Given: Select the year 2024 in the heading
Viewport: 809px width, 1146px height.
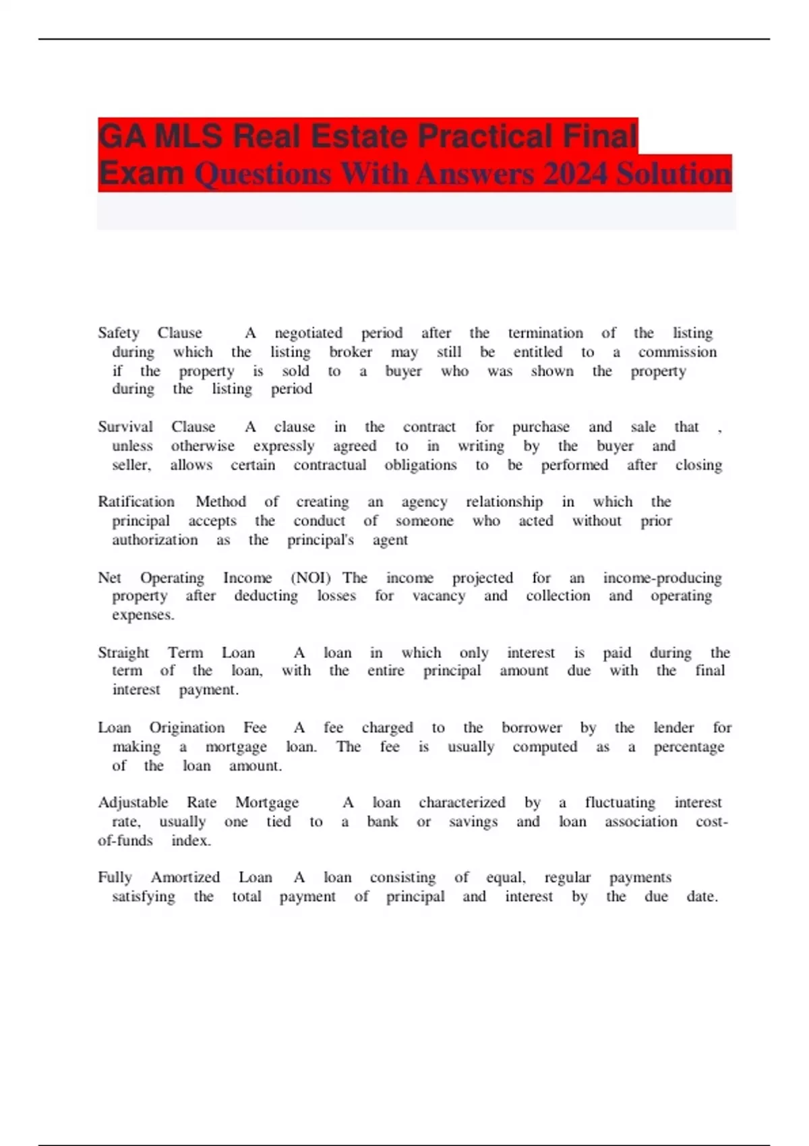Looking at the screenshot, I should pos(575,174).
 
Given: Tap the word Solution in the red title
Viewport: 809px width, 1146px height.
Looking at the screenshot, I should pos(673,174).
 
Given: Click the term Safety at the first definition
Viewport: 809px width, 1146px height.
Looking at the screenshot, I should pos(119,333).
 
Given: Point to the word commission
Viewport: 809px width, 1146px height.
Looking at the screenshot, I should pos(677,352).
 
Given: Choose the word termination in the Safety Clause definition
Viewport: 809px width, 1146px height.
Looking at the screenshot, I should pos(545,333).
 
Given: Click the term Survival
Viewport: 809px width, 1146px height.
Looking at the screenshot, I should pos(125,427).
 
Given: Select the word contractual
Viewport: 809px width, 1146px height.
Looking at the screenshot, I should pos(330,465).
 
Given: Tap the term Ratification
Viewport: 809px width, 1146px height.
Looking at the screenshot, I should pos(136,502).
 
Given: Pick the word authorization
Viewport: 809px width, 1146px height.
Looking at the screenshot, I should pos(155,540).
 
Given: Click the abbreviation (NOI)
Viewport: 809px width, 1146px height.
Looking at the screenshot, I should pos(311,578).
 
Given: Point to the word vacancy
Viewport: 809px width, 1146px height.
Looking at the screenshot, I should pos(439,596).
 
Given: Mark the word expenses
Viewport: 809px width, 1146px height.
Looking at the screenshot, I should pos(143,615).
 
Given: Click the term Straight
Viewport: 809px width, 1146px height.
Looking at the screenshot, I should pos(123,653).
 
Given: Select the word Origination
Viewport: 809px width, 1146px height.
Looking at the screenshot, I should pos(187,728).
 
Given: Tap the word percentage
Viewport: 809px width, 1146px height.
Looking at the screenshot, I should pos(688,747).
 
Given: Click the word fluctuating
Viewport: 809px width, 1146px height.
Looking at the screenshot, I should pos(620,803).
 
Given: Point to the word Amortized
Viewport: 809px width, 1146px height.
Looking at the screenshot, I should pos(185,878).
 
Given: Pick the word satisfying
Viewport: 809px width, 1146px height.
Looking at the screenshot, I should pos(144,897).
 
